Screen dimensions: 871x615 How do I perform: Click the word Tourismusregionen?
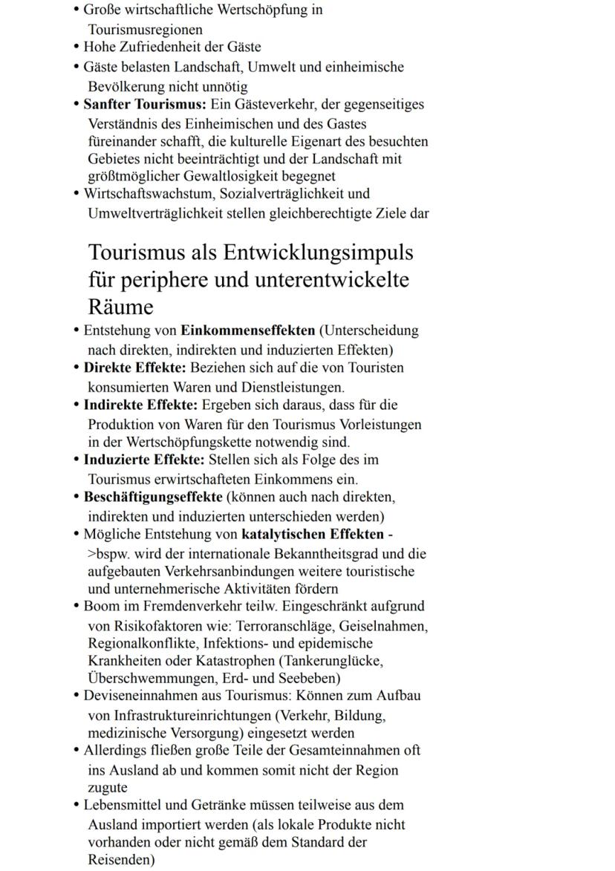click(145, 30)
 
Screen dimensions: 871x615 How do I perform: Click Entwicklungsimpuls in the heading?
click(318, 252)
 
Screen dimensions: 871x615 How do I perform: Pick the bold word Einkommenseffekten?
click(249, 330)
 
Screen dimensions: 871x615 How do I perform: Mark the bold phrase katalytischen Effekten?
click(313, 534)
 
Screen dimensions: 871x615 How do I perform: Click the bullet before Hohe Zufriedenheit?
click(77, 48)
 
